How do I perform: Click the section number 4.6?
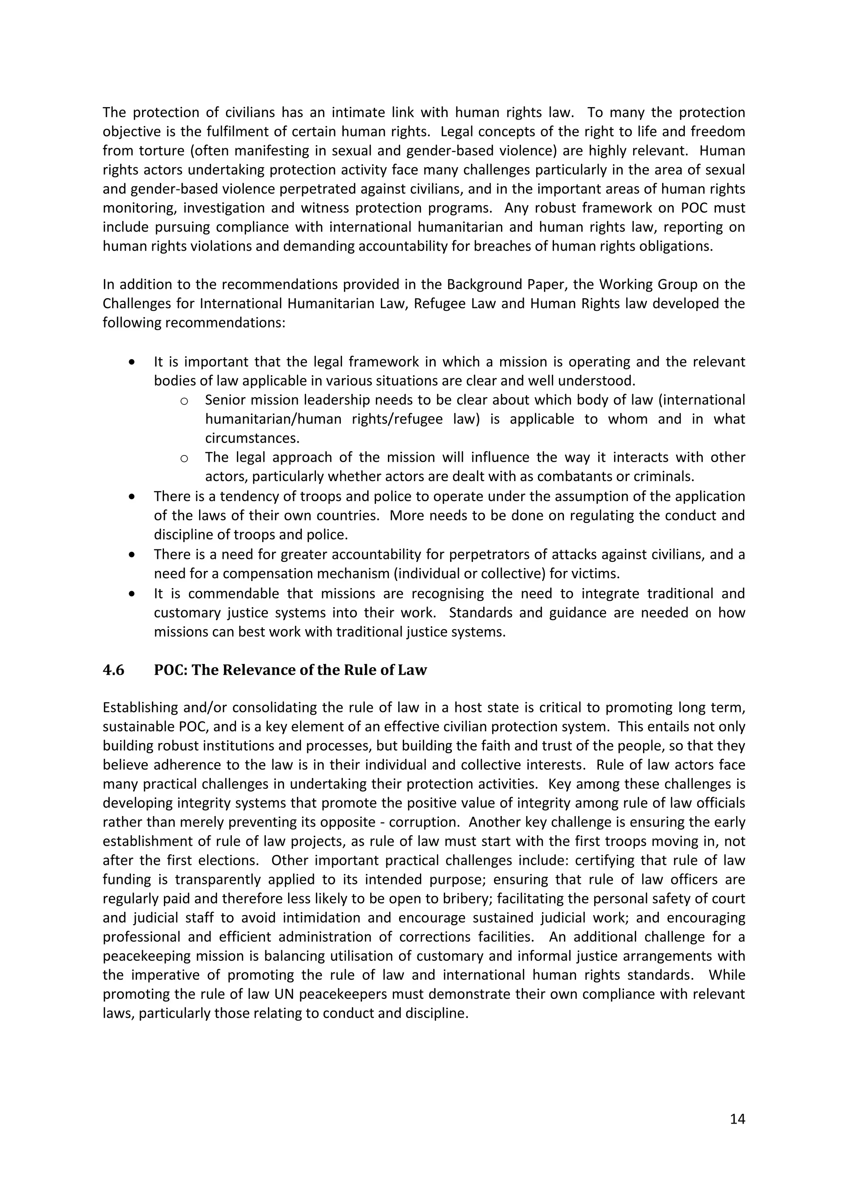click(113, 670)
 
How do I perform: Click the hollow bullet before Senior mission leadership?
click(184, 401)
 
